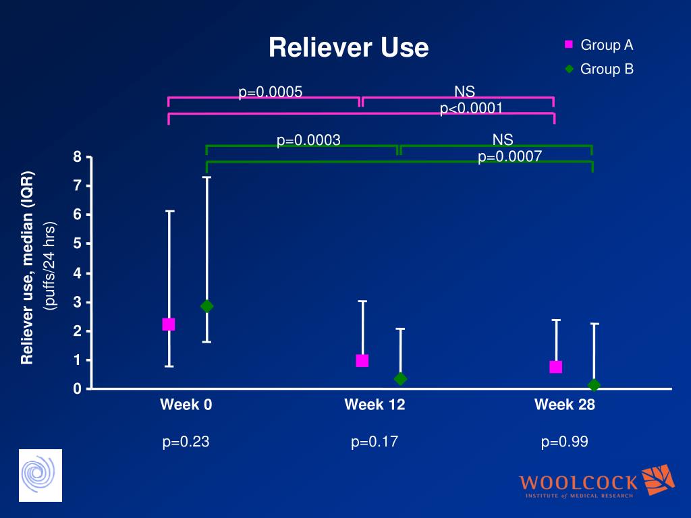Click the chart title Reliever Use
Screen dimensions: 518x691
(348, 48)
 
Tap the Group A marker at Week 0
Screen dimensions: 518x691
(169, 324)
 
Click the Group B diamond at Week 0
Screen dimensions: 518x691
(206, 306)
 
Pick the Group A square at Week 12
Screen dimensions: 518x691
(362, 361)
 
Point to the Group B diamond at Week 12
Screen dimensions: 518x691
(400, 379)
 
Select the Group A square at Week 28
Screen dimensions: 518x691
(556, 367)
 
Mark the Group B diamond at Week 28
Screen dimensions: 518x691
(594, 385)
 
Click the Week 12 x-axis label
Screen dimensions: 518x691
(375, 405)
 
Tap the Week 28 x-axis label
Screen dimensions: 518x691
(565, 405)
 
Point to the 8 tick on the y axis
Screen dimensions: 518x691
(78, 157)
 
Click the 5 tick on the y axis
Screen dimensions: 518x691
(78, 243)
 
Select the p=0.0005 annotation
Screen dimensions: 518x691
(270, 92)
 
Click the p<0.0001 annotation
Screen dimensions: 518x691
(471, 109)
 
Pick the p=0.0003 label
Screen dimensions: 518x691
(308, 140)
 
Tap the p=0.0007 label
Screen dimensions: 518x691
(509, 157)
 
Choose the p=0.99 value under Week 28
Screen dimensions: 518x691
(565, 442)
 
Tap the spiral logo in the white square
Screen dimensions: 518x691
(40, 476)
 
